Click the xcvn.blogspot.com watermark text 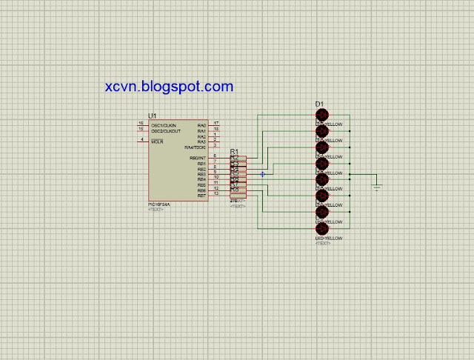tap(170, 87)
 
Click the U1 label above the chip tap(153, 116)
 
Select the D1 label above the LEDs tap(319, 104)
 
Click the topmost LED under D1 tap(322, 115)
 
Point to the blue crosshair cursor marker tap(262, 174)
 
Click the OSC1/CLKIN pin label tap(164, 125)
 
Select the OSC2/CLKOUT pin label tap(166, 131)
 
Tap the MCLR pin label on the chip tap(157, 141)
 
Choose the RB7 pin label tap(201, 196)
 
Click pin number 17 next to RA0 tap(216, 123)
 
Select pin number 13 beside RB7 tap(216, 194)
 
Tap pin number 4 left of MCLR tap(141, 139)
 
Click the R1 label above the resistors tap(234, 151)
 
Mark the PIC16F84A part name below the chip tap(159, 204)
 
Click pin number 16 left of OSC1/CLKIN tap(141, 123)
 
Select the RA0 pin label tap(201, 125)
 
